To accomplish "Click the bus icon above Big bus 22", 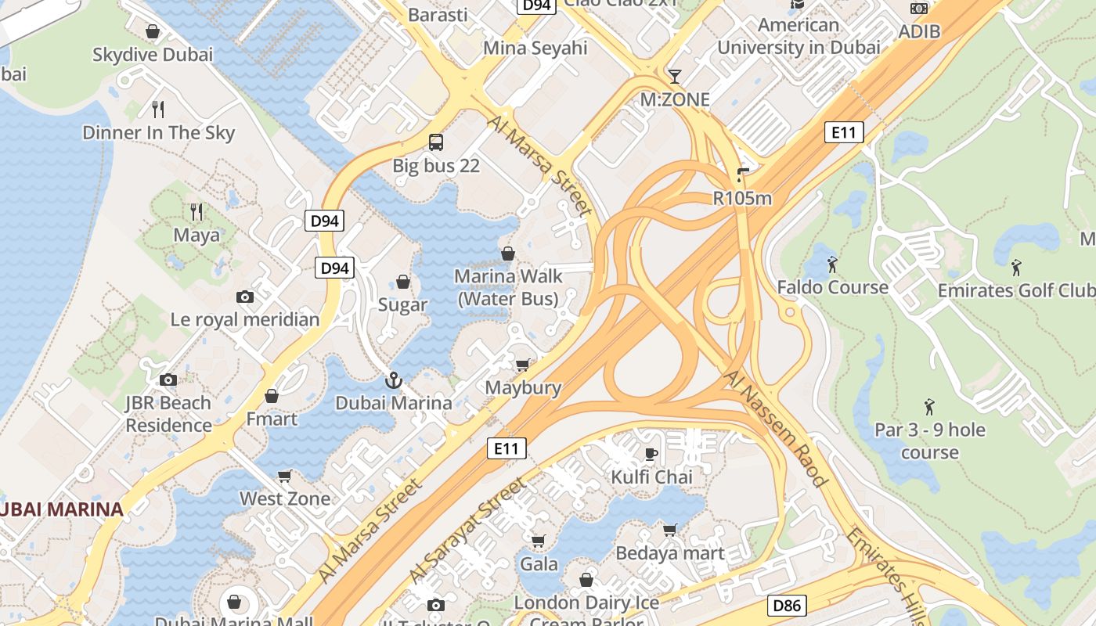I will point(436,142).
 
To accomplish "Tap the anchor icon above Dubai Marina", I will point(394,381).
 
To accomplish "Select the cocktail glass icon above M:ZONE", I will point(674,77).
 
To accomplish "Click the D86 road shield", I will point(787,605).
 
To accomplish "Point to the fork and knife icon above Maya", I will point(196,211).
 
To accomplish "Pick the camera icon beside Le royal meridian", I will point(245,297).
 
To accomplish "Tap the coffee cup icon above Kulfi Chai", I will point(651,454).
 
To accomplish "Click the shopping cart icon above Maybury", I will point(522,365).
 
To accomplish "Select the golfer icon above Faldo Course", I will point(832,264).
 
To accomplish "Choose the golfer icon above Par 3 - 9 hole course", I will point(929,407).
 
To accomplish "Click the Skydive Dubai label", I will point(153,55).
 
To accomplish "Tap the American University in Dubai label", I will point(799,36).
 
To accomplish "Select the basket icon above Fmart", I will point(272,396).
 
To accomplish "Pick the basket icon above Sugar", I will point(403,282).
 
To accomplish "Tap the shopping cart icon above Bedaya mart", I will point(669,531).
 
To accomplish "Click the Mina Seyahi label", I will point(535,48).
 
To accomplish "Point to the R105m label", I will point(742,198).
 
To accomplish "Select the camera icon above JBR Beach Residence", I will point(168,380).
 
